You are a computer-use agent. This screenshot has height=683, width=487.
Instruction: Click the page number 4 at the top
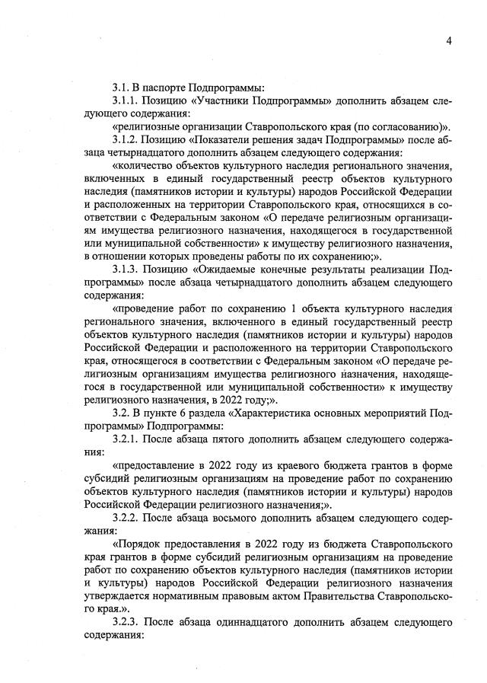[x=449, y=40]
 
